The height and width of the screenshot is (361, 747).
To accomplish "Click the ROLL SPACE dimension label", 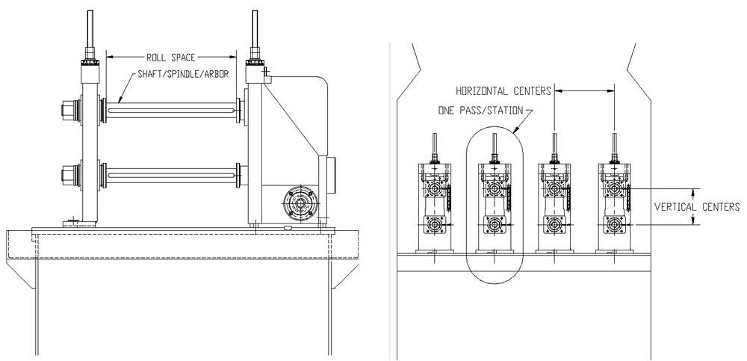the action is (x=170, y=58).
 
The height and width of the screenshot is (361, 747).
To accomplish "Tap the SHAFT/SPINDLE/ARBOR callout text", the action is (x=184, y=74).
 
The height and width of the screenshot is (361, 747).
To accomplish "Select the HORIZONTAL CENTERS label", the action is (x=503, y=90).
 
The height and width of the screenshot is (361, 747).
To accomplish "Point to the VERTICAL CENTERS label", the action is (x=696, y=207).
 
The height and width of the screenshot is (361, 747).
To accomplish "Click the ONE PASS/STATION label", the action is (x=480, y=111).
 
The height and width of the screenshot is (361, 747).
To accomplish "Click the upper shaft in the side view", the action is (x=170, y=111).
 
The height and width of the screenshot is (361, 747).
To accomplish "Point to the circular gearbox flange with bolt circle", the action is (x=300, y=203).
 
